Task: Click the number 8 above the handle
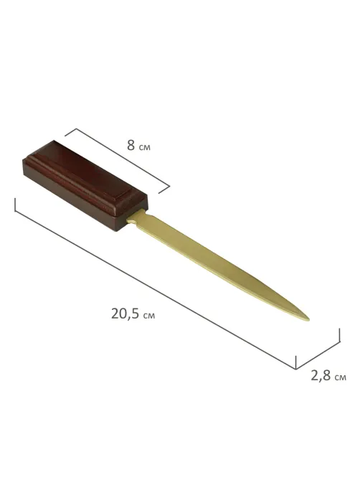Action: click(131, 146)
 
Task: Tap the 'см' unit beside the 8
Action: click(145, 148)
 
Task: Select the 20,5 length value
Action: click(125, 314)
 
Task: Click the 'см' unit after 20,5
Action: click(149, 316)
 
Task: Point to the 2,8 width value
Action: click(321, 376)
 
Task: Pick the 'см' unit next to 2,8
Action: click(341, 377)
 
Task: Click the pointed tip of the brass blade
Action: click(309, 320)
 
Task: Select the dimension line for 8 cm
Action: click(123, 157)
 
